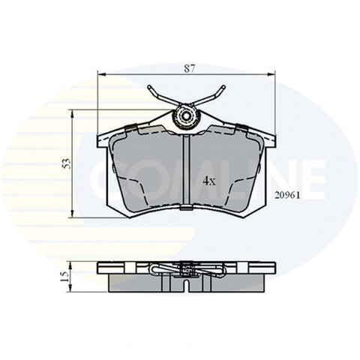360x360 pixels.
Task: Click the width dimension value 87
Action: (x=190, y=68)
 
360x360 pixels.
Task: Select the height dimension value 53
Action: (x=67, y=163)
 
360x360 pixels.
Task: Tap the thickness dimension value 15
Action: (x=64, y=277)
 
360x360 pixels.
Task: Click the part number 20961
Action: (x=287, y=196)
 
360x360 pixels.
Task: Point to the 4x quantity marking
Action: (x=209, y=181)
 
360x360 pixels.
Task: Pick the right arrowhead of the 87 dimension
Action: (x=271, y=74)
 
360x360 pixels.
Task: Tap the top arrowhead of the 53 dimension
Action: (x=72, y=114)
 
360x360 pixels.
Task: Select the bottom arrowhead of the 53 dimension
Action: (x=72, y=214)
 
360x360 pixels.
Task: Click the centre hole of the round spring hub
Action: (x=186, y=116)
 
